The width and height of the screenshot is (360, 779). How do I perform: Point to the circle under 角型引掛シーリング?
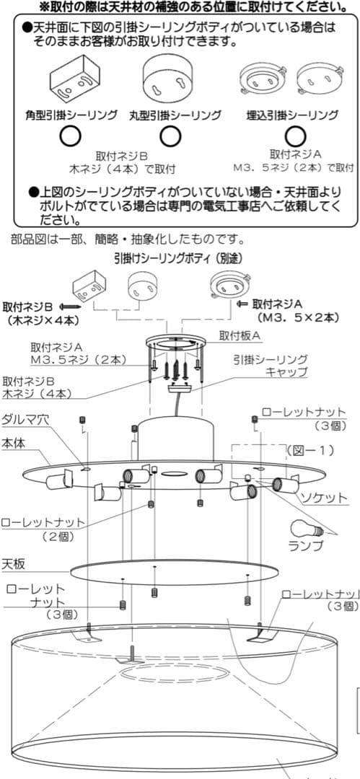click(70, 135)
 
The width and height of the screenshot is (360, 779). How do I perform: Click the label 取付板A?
click(241, 335)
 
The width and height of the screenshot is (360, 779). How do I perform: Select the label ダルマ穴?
click(25, 420)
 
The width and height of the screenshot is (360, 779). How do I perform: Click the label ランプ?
click(307, 546)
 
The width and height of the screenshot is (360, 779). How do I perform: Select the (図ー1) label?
click(308, 449)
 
